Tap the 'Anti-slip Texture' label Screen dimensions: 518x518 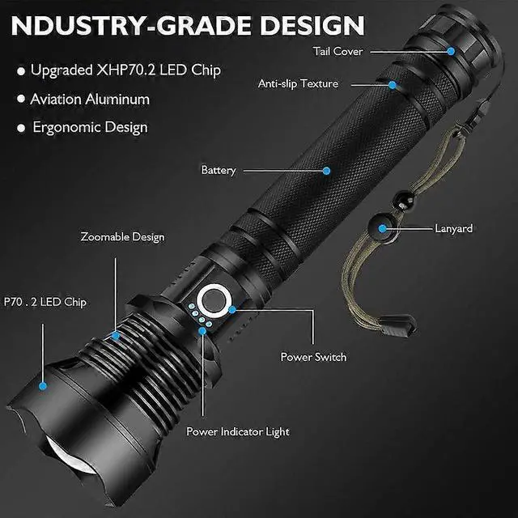coord(298,83)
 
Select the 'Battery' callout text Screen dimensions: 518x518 coord(219,170)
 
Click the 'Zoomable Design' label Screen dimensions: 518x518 coord(122,237)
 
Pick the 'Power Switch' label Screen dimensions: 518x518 coord(313,357)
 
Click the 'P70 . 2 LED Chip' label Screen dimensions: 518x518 coord(45,303)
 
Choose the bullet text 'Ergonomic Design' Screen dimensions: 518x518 coord(90,127)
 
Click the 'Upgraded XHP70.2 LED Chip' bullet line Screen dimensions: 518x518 coord(125,70)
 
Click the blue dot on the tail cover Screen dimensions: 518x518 coord(451,50)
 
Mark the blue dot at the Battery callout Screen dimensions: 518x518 coord(327,171)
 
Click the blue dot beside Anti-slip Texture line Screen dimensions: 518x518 coord(393,84)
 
